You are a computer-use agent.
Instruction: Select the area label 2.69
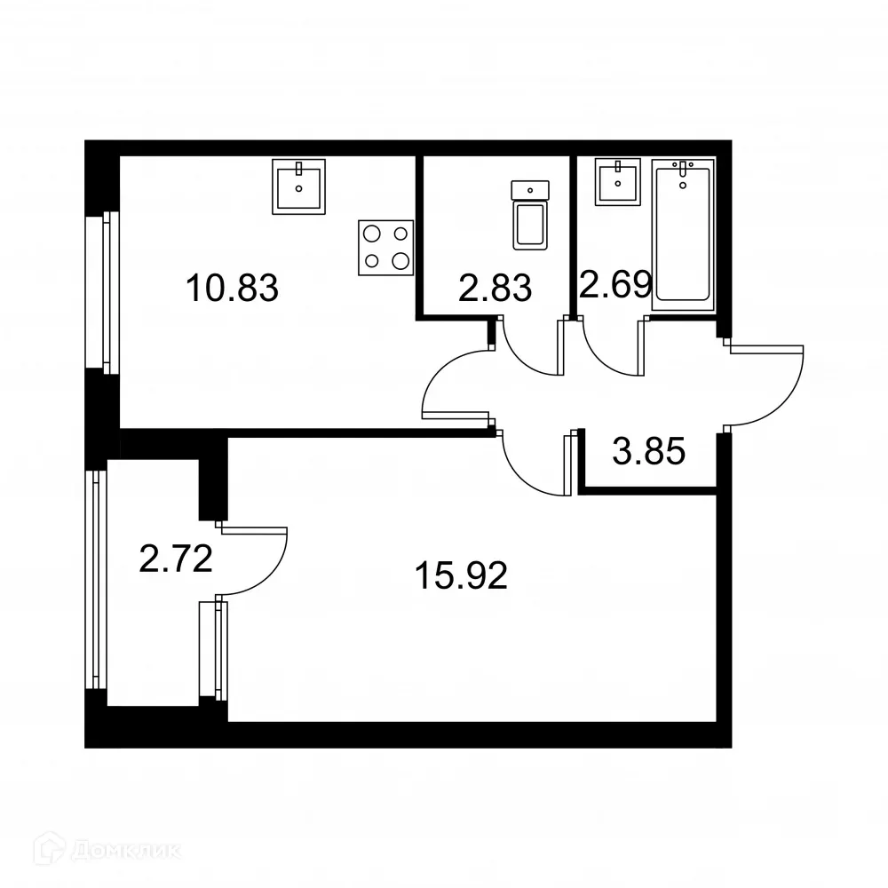615,284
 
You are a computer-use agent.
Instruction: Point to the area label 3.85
649,453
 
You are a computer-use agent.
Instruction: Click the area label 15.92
461,577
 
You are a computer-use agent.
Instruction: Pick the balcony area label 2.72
176,559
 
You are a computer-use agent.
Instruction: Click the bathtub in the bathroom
682,236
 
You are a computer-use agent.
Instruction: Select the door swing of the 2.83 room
531,349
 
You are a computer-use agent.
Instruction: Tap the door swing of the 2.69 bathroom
612,349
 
